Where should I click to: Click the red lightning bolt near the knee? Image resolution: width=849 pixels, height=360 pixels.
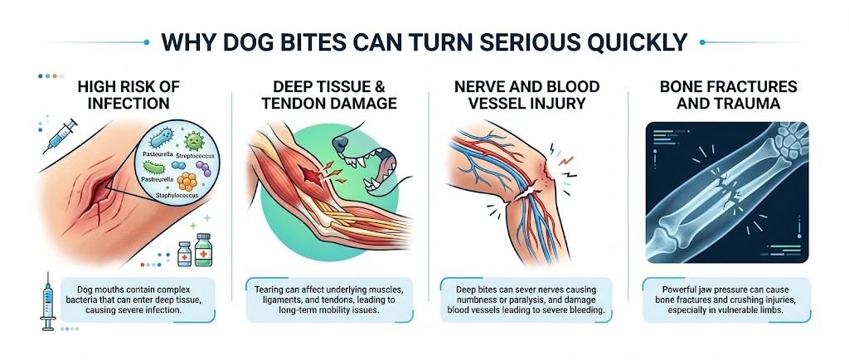(x=565, y=153)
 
